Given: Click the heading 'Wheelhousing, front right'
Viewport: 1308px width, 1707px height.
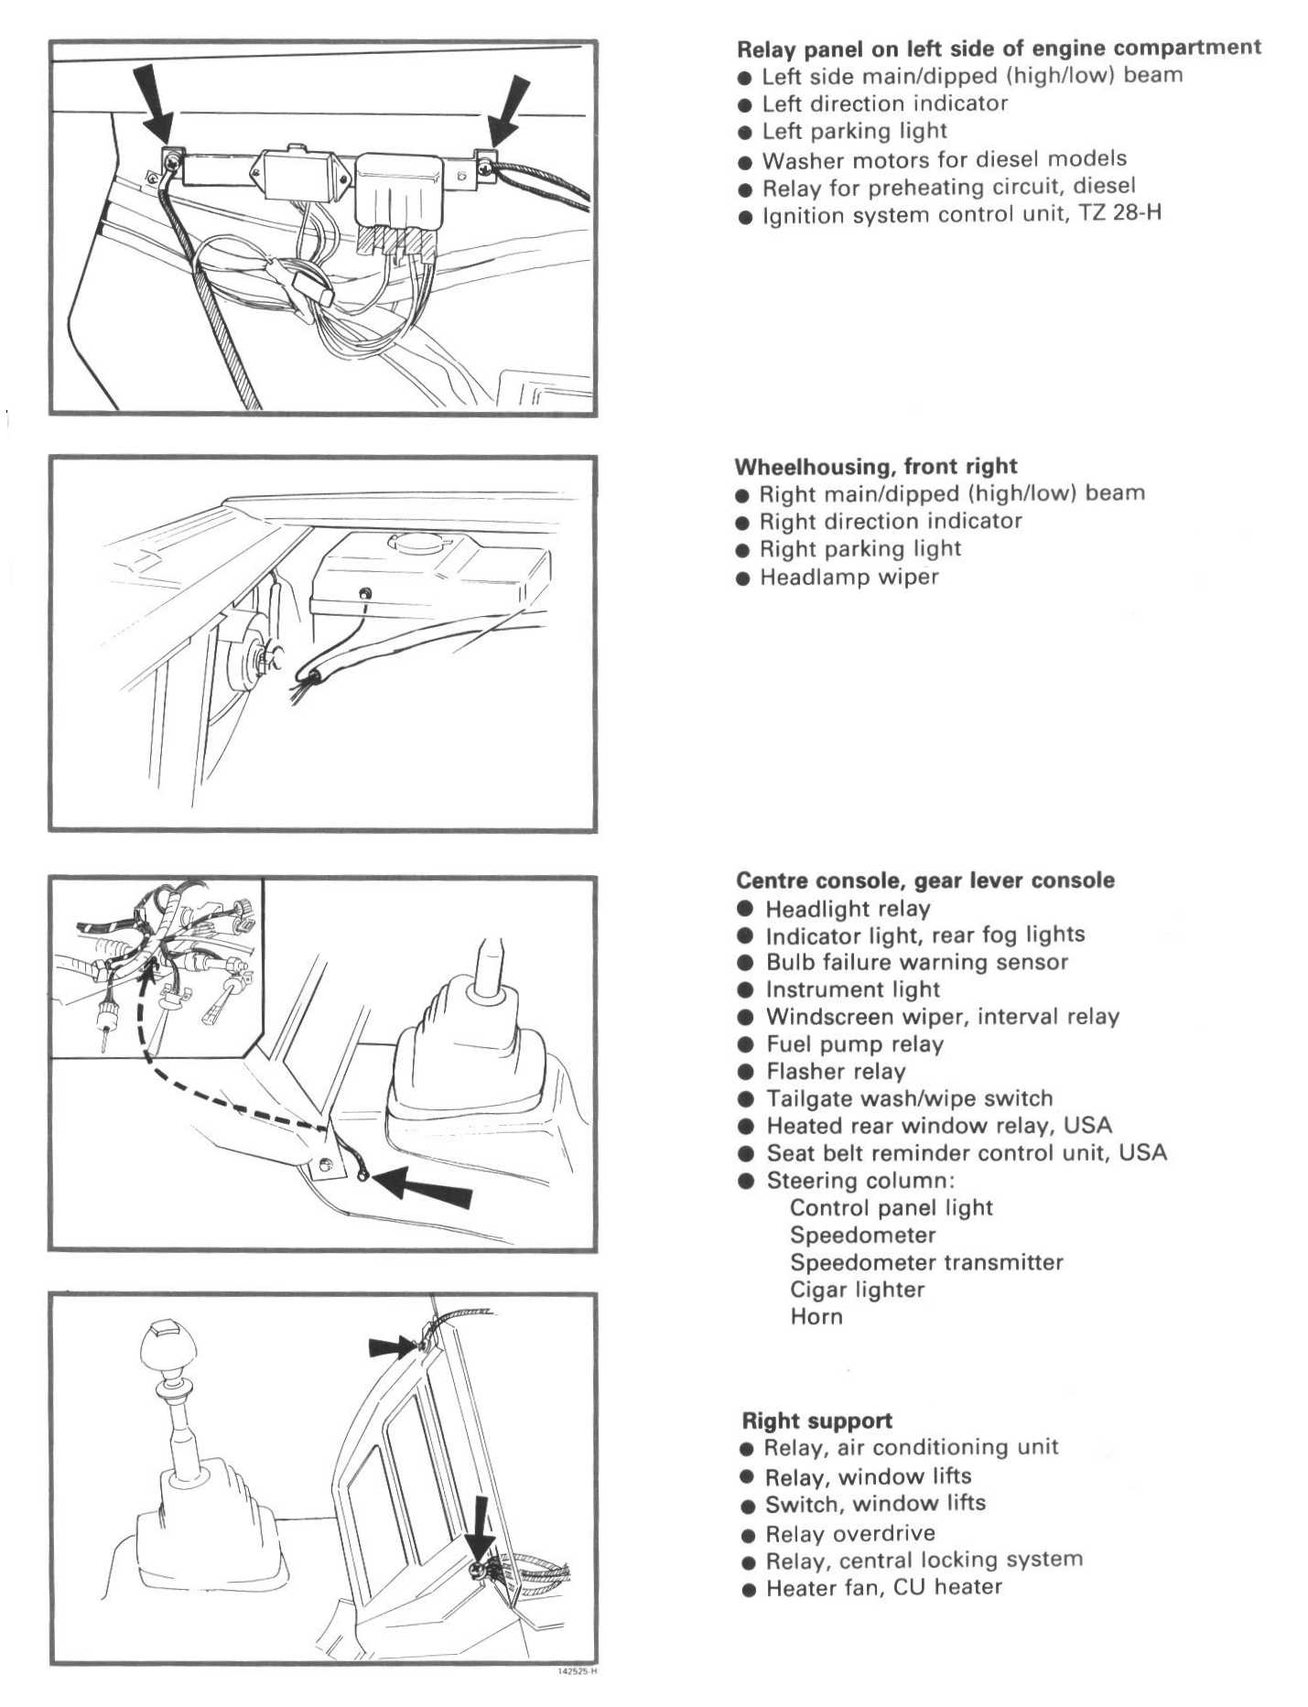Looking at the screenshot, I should click(x=876, y=467).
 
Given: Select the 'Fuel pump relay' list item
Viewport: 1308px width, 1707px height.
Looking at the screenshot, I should click(x=854, y=1044).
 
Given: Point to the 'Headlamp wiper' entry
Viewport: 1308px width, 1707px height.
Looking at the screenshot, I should click(x=849, y=577).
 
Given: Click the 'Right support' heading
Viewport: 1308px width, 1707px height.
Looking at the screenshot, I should click(x=816, y=1421).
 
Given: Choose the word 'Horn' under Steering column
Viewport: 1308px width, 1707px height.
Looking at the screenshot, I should click(x=816, y=1317).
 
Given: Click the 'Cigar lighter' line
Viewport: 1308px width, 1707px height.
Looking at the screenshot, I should click(x=857, y=1290).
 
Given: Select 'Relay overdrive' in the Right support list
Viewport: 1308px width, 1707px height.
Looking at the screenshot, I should click(x=850, y=1533).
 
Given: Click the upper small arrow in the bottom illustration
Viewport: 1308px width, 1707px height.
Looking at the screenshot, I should click(x=392, y=1345).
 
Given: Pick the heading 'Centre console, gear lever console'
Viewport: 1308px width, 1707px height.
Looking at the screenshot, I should click(x=925, y=881).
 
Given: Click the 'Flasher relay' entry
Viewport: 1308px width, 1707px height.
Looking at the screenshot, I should click(x=836, y=1072).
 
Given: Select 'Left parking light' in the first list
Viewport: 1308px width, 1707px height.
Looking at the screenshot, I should click(x=854, y=132).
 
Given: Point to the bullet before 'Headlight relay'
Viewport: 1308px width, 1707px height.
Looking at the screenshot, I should click(x=746, y=909).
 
